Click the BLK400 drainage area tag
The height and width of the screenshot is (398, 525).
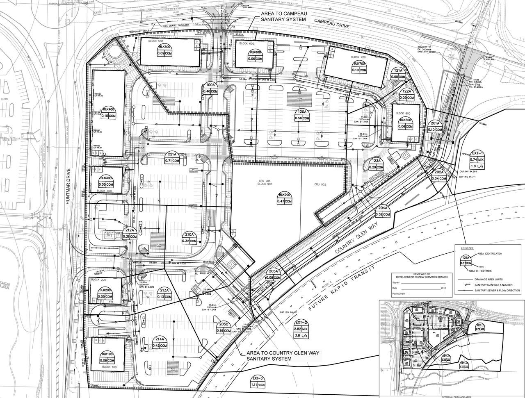[109, 113]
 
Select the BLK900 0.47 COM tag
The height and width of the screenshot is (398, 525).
[284, 198]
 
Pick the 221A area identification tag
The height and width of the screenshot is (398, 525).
[172, 158]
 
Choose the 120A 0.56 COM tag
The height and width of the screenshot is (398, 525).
[302, 115]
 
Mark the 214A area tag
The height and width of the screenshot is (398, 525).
[160, 343]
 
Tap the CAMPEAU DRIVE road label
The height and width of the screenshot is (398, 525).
[332, 25]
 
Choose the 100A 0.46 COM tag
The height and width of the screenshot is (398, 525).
[210, 88]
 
